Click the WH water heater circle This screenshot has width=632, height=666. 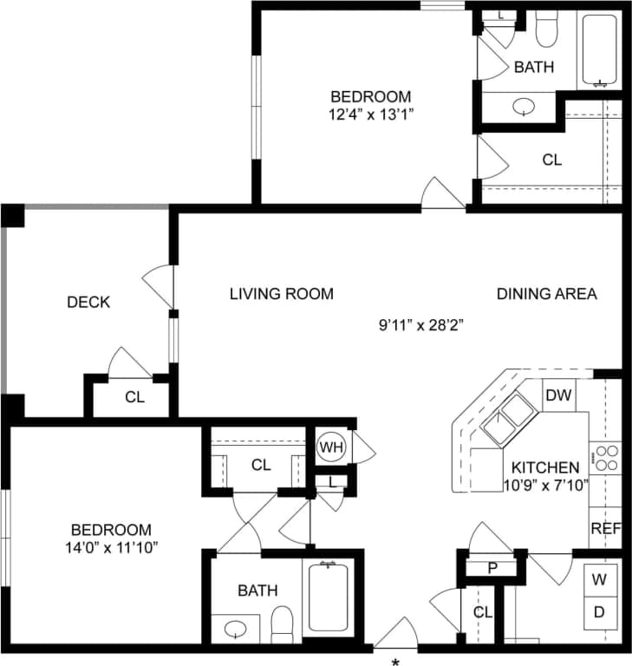point(329,447)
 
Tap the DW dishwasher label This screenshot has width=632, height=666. point(557,395)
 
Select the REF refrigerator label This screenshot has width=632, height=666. point(605,528)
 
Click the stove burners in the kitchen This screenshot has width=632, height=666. point(605,456)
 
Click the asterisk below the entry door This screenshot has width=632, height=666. point(395,661)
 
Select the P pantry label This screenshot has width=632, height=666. point(492,568)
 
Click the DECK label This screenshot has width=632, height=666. point(88,302)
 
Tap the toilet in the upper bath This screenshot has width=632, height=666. point(545,29)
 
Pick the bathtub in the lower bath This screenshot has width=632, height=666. point(328,598)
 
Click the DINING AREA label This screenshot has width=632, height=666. point(546,294)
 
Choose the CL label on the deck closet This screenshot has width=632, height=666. point(134,398)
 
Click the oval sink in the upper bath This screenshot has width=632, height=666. point(524,107)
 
